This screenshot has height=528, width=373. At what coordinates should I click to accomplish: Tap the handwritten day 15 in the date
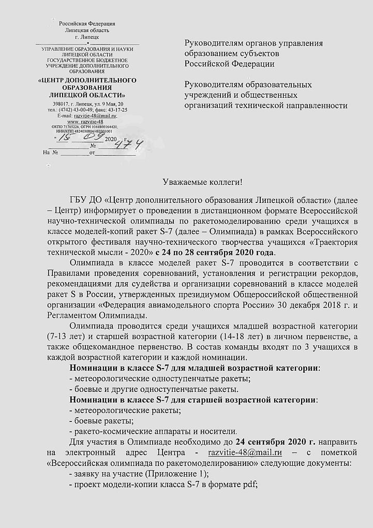(63, 138)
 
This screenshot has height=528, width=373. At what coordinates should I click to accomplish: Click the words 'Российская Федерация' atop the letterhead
(86, 24)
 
